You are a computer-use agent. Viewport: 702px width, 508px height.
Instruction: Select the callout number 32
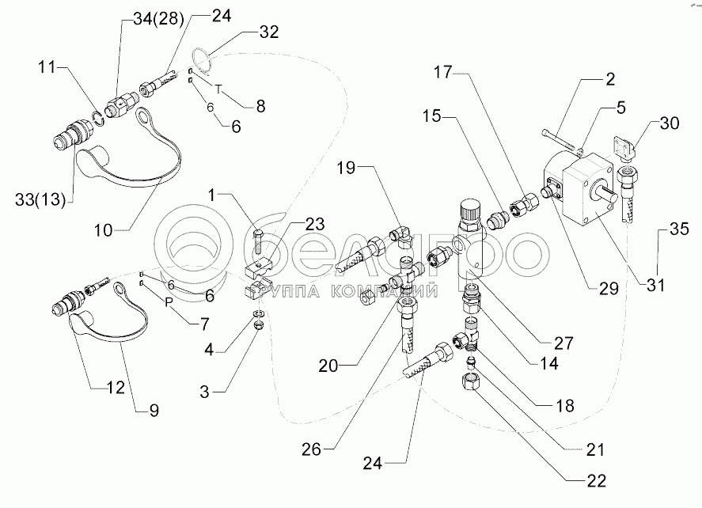tap(269, 32)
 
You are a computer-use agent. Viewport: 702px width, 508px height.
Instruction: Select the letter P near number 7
tap(167, 301)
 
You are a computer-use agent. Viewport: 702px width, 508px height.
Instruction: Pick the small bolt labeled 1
tap(259, 235)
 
